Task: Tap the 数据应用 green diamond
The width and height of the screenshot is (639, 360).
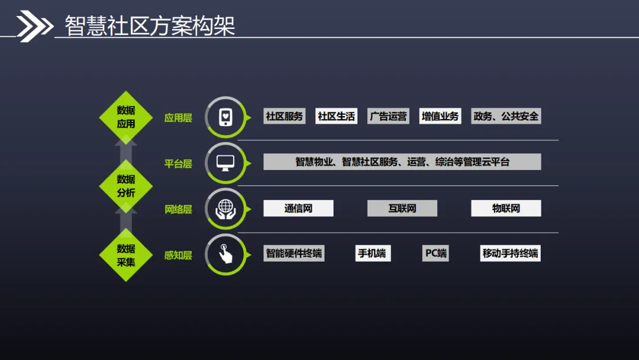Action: point(125,117)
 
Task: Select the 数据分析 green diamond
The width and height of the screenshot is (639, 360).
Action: point(125,186)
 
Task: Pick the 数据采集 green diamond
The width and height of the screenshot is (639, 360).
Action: point(125,255)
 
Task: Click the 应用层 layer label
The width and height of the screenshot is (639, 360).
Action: point(178,118)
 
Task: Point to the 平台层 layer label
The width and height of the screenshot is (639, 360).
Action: point(178,163)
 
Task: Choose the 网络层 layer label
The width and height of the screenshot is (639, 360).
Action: point(178,209)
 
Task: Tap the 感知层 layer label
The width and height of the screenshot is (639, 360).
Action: point(178,255)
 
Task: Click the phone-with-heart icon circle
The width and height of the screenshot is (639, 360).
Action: point(225,117)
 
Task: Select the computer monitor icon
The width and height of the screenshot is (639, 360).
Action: point(225,162)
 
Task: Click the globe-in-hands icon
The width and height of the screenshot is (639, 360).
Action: point(225,208)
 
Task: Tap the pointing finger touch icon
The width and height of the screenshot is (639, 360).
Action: point(225,254)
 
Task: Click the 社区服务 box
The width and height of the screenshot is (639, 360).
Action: point(284,116)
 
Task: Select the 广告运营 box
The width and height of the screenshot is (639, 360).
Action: point(388,116)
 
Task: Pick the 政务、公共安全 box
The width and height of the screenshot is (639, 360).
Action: point(506,116)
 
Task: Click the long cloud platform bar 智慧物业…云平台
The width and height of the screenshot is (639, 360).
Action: point(402,162)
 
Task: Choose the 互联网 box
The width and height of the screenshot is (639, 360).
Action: point(402,208)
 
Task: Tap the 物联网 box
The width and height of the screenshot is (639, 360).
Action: point(506,208)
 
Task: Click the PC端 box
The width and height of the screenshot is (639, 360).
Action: point(435,253)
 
